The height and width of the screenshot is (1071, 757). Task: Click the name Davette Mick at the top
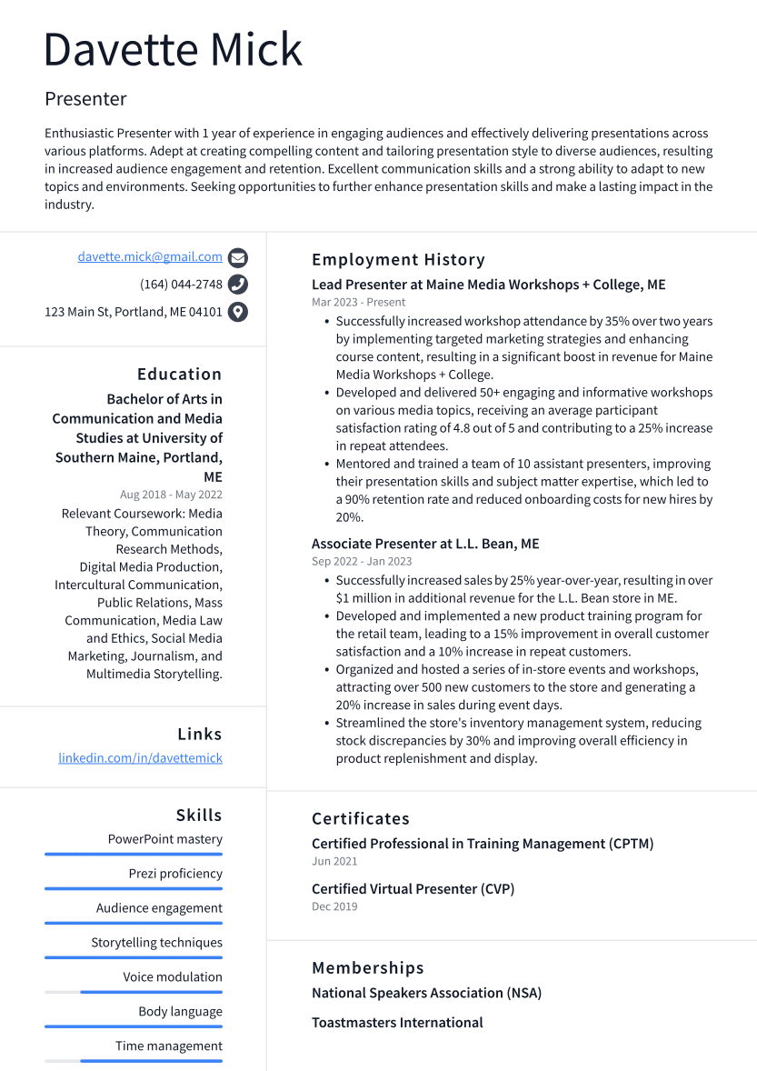173,49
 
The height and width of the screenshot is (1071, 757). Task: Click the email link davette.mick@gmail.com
150,257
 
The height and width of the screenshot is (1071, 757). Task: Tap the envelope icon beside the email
238,257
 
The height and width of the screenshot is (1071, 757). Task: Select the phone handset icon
238,285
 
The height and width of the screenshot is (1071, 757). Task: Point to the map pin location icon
238,312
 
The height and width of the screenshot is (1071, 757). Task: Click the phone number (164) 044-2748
181,285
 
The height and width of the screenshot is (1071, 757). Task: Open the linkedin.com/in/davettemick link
140,758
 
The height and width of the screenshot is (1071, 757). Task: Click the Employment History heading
398,260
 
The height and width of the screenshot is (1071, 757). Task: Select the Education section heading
179,375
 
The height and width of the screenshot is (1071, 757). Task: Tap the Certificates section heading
360,819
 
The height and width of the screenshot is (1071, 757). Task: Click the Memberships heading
367,968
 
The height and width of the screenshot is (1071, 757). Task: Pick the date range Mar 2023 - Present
358,302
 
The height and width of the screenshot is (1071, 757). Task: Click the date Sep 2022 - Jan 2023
362,561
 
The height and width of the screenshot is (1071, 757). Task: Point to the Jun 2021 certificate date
334,861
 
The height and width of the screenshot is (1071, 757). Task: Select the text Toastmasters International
397,1023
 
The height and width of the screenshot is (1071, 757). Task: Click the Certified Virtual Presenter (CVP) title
413,889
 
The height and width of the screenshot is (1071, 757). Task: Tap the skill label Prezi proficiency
175,874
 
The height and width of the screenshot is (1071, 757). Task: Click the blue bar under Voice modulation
151,992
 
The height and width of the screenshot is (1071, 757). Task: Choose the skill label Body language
180,1012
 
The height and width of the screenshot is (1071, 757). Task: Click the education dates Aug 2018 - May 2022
171,495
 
